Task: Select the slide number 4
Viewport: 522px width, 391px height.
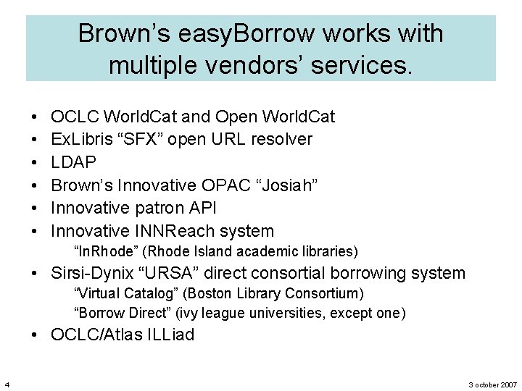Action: coord(6,384)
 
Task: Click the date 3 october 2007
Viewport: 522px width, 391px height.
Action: coord(493,384)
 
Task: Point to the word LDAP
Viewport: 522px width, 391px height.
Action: coord(74,162)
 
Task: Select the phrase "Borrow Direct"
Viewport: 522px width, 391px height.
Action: coord(120,313)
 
